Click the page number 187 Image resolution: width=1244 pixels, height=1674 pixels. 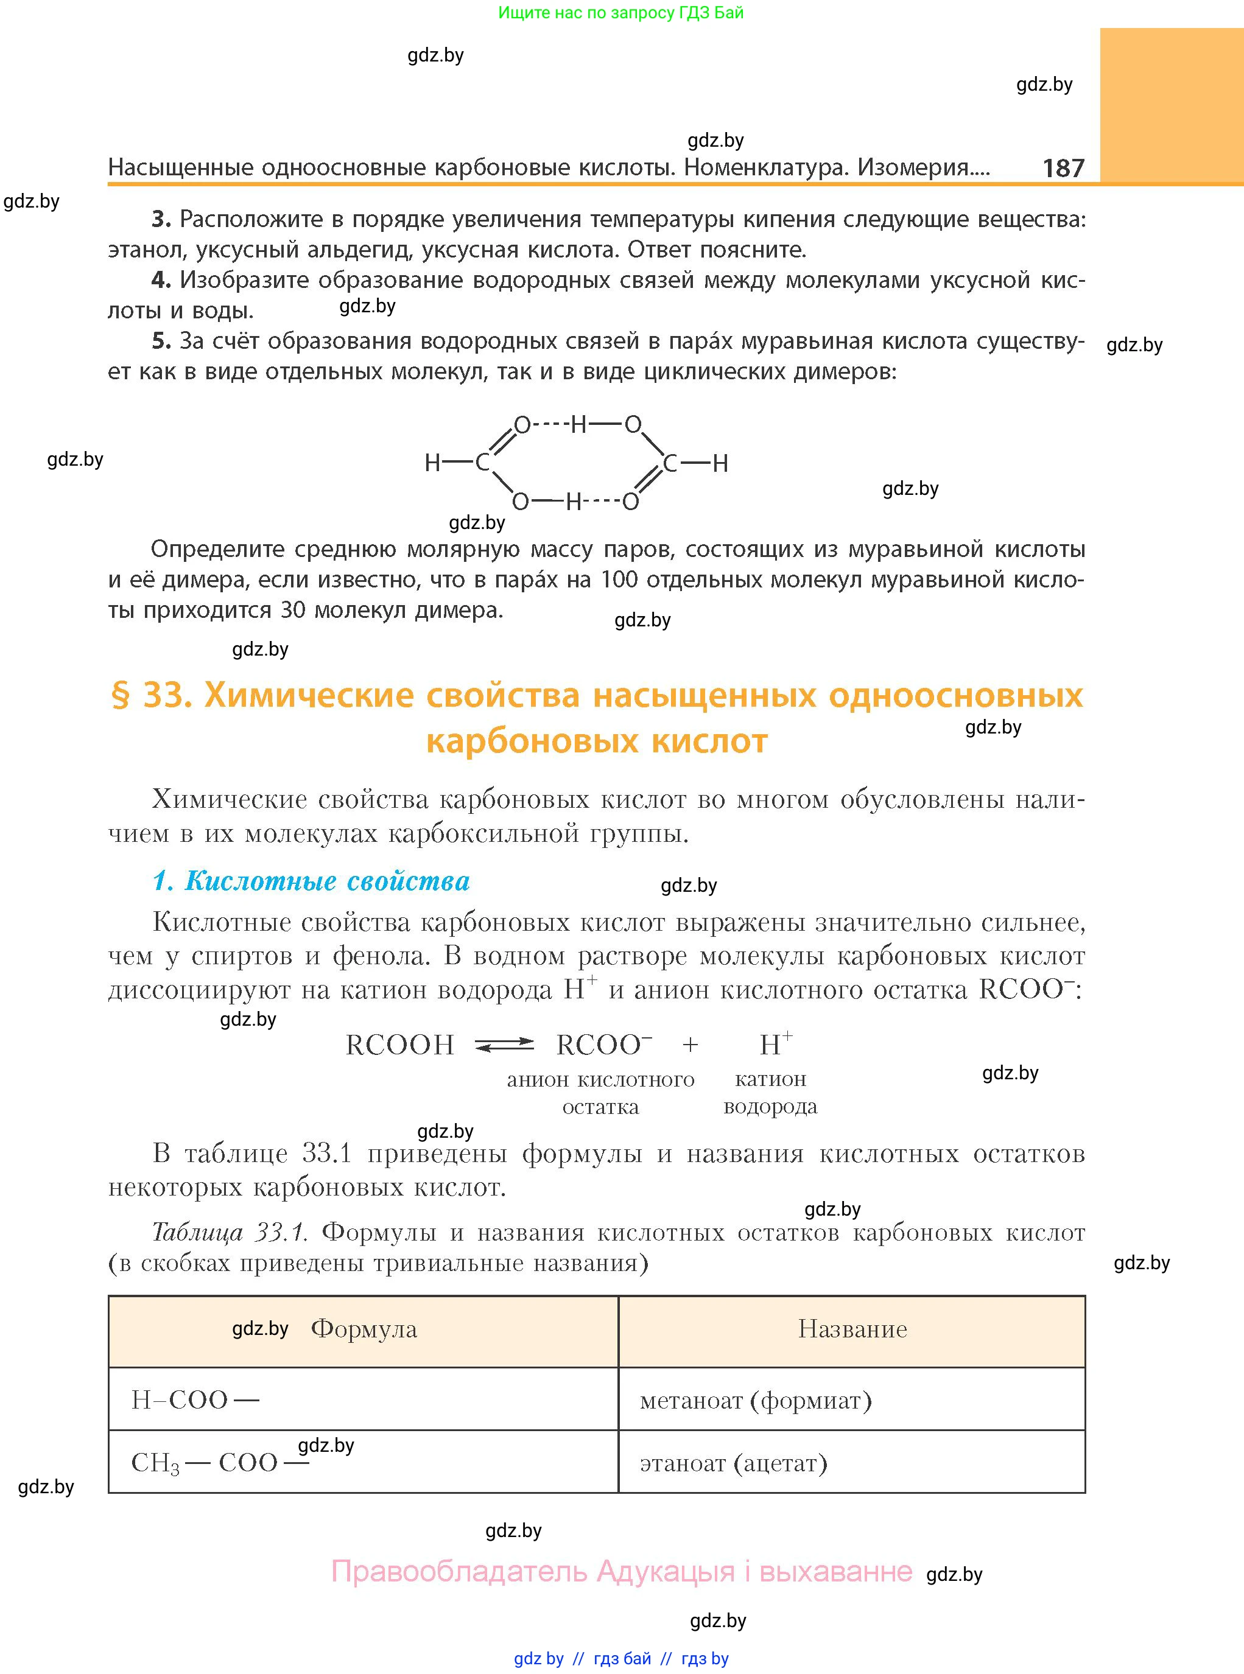(x=1063, y=168)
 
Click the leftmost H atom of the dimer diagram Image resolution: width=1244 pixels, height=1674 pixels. (x=432, y=463)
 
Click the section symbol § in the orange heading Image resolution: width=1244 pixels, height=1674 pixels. (x=121, y=696)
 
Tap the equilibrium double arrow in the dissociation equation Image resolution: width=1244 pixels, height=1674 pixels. (x=504, y=1045)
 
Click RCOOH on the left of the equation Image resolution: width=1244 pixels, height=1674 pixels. (x=399, y=1045)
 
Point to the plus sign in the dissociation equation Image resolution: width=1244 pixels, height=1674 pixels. (x=690, y=1045)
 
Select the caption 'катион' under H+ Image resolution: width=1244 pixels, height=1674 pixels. (x=770, y=1079)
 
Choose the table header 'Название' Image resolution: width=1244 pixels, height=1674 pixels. (x=852, y=1329)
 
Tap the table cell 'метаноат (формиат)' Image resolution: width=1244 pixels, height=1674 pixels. (x=755, y=1401)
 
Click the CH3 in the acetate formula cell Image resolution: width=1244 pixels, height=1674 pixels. (x=155, y=1463)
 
